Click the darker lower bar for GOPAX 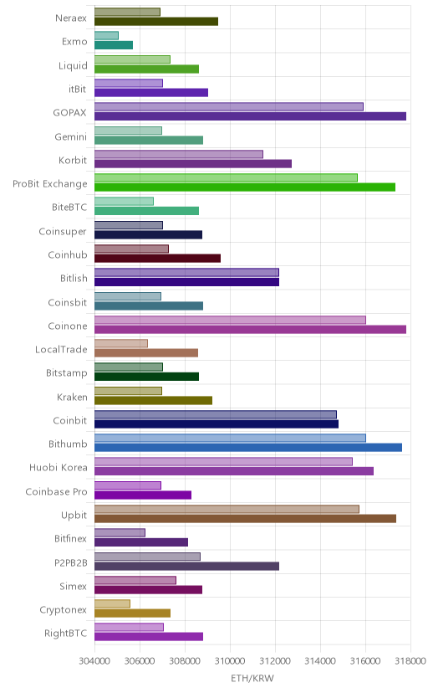click(x=250, y=116)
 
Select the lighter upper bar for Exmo click(x=106, y=35)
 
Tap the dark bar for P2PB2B click(x=186, y=566)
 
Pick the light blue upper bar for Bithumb click(x=230, y=438)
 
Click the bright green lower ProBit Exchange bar click(x=245, y=187)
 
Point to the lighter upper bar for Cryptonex click(x=112, y=603)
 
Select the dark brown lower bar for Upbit click(x=245, y=519)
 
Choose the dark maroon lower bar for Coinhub click(x=157, y=259)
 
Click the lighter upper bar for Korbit click(x=179, y=154)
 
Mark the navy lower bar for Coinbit click(x=217, y=424)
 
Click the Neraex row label click(x=71, y=18)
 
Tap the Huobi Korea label click(x=59, y=468)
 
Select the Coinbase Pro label click(x=57, y=492)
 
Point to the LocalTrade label click(x=61, y=350)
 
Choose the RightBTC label click(x=66, y=634)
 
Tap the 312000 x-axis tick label click(x=275, y=661)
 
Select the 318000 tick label click(x=410, y=661)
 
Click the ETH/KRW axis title click(x=252, y=679)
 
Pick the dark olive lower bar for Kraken click(x=153, y=400)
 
